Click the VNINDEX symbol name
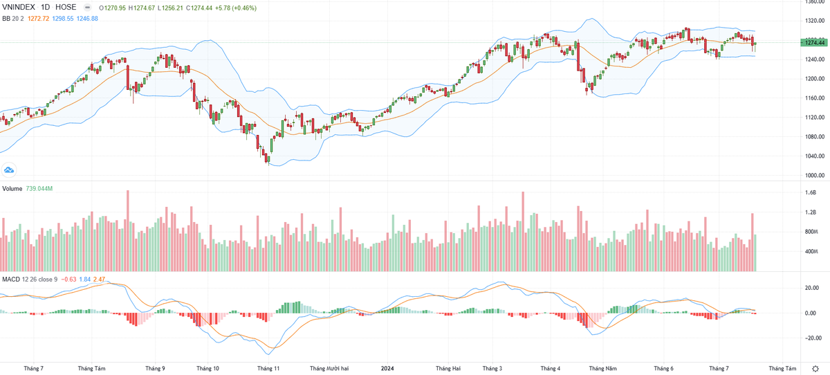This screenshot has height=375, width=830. pos(20,7)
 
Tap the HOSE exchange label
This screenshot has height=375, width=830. pos(65,7)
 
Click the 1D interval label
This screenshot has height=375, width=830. pos(46,7)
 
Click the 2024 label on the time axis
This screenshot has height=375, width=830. pos(388,369)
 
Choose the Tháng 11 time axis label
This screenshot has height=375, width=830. pos(267,369)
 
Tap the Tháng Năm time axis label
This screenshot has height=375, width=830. pos(602,369)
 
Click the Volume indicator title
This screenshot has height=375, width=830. pos(12,189)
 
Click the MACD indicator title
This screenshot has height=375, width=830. pos(10,279)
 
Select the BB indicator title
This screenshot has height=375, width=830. pos(6,18)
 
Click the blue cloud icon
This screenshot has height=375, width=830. pos(10,170)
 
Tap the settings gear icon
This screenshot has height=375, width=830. pos(817,369)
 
